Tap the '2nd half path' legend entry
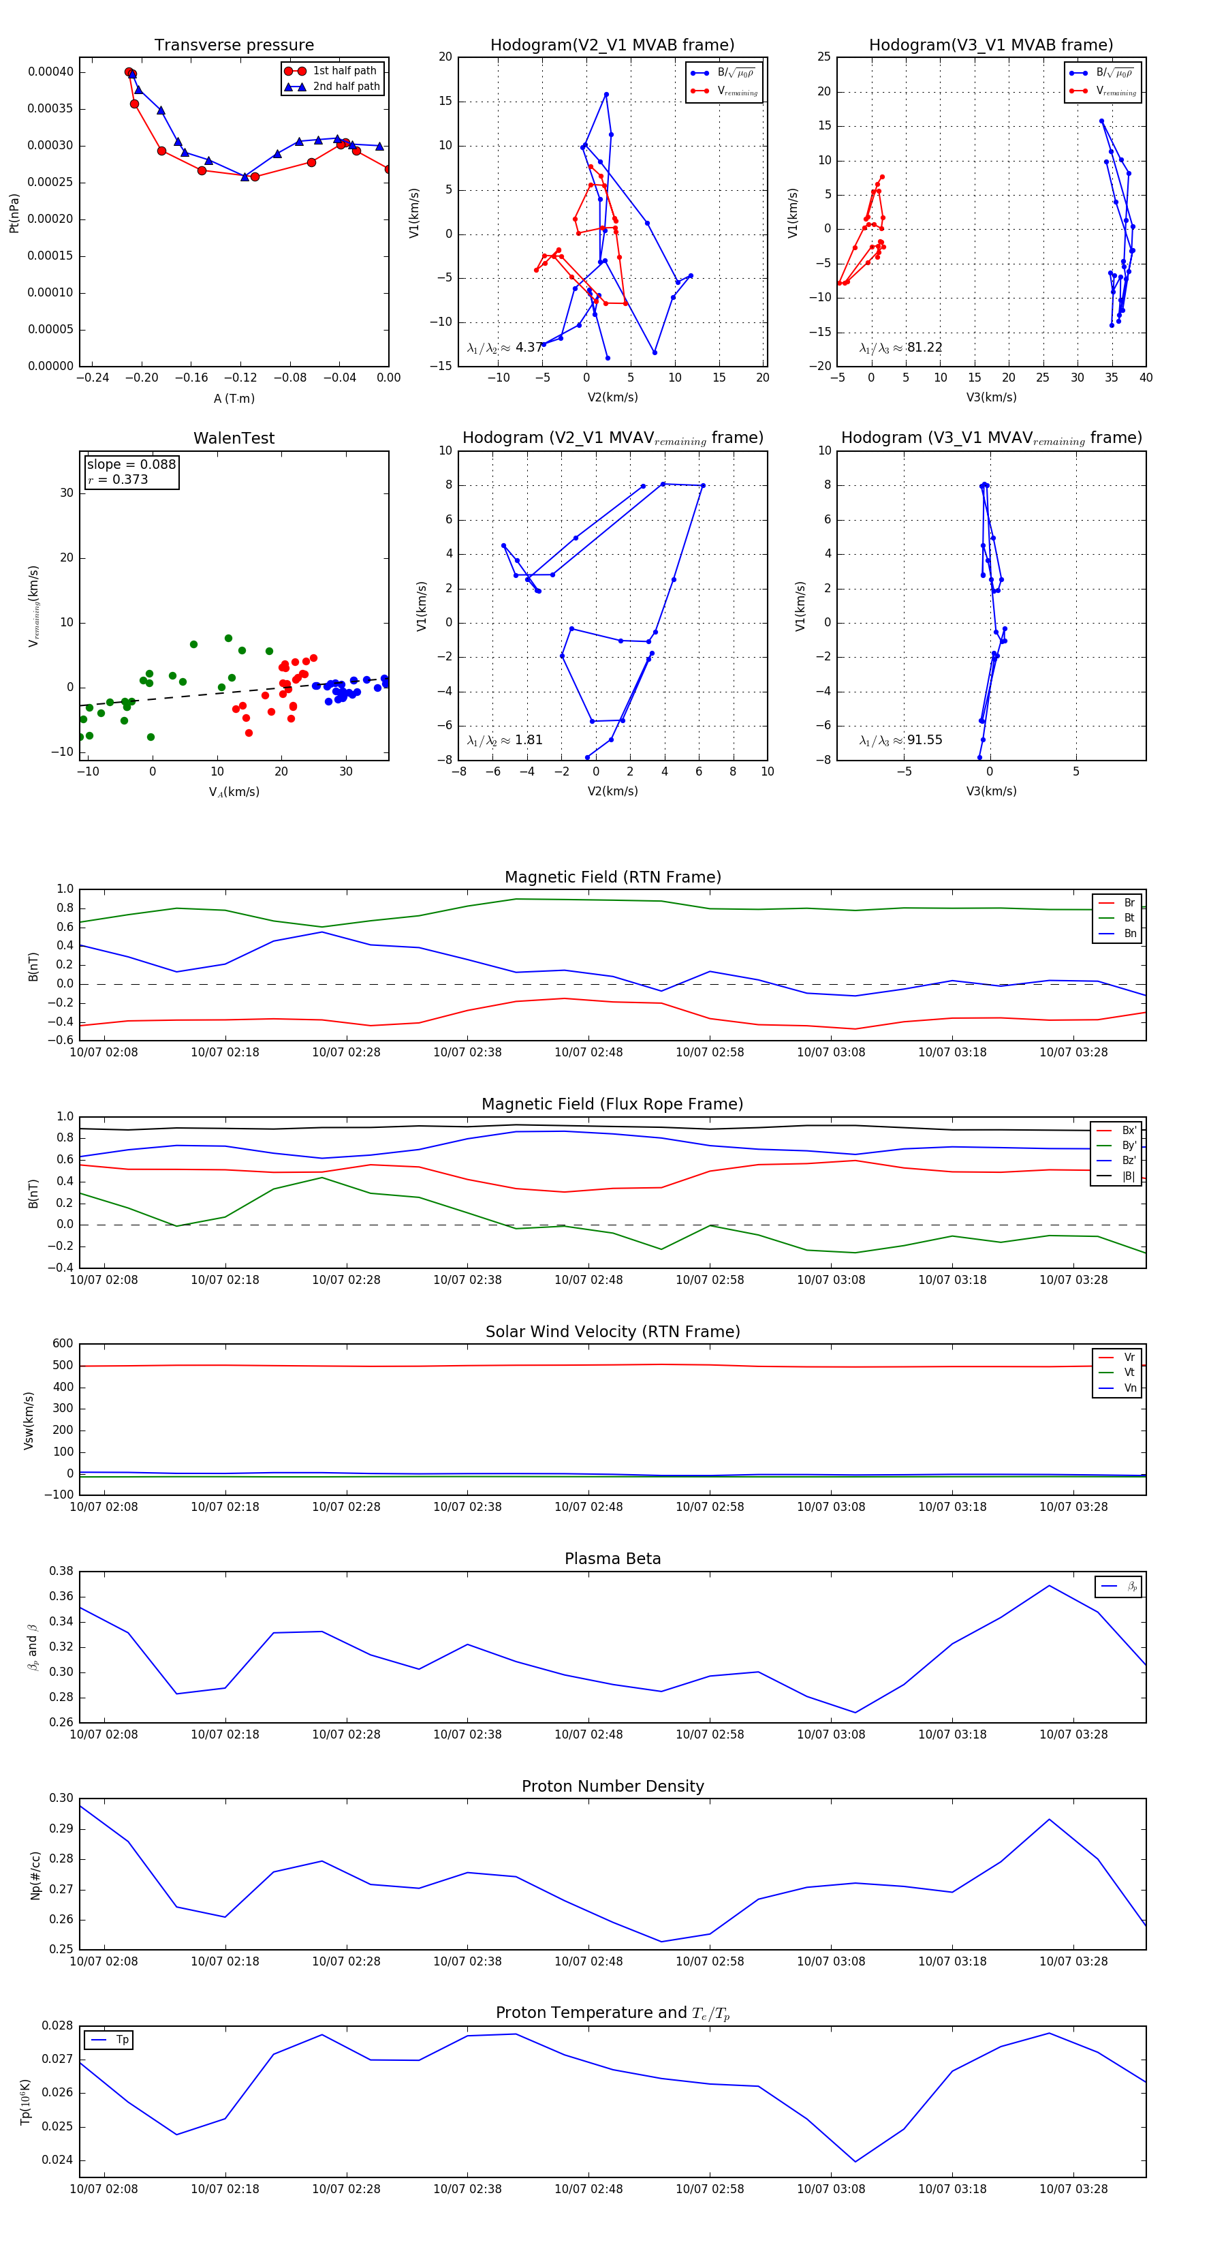345,87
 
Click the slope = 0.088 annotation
131,465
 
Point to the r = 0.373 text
118,479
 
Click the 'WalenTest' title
234,438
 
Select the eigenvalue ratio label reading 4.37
504,348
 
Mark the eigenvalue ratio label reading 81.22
900,348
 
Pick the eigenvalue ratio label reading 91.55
900,740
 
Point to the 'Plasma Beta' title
612,1559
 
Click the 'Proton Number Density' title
612,1786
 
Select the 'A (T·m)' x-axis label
234,399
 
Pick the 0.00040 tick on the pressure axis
50,72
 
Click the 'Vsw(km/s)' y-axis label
29,1420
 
